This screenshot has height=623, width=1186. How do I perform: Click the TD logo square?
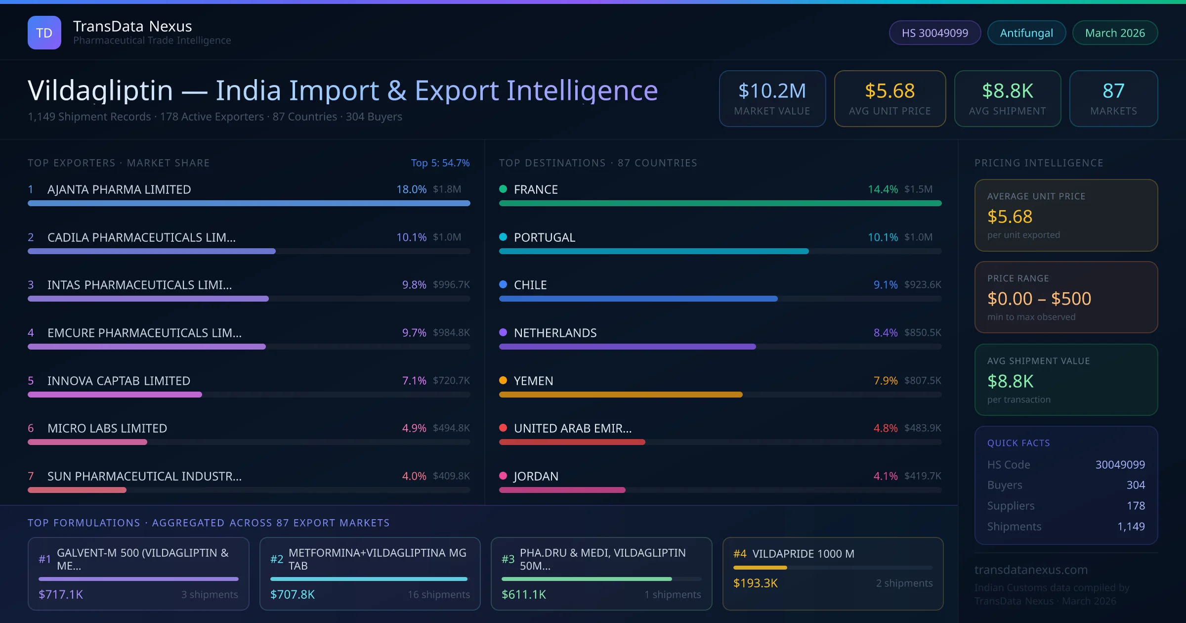[x=44, y=33]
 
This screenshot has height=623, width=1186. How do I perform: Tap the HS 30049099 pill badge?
[x=934, y=33]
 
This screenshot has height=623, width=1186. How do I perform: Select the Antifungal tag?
[x=1026, y=33]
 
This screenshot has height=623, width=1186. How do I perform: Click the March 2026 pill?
[x=1115, y=33]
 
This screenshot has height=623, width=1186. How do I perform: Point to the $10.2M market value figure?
[x=772, y=91]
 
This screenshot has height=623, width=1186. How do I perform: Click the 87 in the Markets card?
[x=1113, y=91]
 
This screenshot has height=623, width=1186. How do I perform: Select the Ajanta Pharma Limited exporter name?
[x=119, y=189]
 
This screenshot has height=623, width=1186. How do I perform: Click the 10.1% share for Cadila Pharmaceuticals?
[x=411, y=237]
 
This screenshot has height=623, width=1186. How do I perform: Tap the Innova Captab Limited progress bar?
[x=115, y=395]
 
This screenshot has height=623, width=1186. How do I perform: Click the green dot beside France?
[x=503, y=189]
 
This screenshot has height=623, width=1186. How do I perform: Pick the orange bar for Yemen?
[x=621, y=395]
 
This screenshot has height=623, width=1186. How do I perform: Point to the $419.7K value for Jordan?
[x=923, y=476]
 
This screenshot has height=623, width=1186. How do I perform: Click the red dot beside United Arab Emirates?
[x=503, y=428]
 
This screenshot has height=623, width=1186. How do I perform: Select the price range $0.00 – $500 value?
[x=1039, y=299]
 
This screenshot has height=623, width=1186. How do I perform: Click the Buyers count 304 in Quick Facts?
[x=1136, y=485]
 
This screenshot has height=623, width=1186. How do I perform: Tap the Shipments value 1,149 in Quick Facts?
[x=1131, y=527]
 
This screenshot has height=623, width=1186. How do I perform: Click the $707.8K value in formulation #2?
[x=293, y=594]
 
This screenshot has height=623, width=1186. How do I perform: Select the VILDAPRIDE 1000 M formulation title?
[x=803, y=554]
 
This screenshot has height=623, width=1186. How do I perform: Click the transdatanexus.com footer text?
[x=1031, y=570]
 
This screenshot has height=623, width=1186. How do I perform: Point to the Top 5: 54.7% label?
[x=440, y=163]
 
